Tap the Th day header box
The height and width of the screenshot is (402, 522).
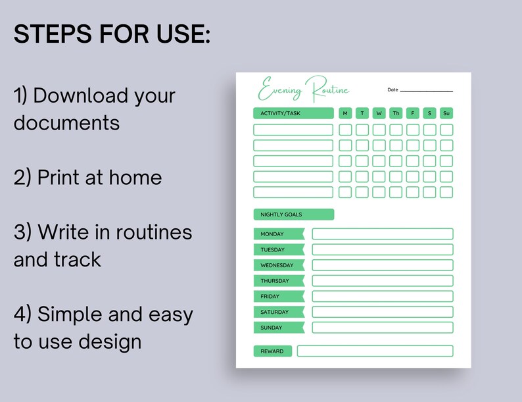[396, 113]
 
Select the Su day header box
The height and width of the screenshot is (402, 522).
[446, 113]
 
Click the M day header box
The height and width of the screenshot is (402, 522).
[345, 113]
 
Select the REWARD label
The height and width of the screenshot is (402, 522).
[272, 351]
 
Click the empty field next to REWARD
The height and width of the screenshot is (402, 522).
[375, 351]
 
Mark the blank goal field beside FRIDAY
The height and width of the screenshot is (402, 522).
[382, 297]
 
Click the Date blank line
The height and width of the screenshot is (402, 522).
[426, 91]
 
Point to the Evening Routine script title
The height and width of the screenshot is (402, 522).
[304, 89]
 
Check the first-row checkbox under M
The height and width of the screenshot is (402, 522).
[345, 130]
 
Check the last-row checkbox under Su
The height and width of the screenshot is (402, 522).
[446, 192]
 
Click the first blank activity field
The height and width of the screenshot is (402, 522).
[293, 130]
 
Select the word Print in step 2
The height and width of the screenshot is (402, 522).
[62, 177]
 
